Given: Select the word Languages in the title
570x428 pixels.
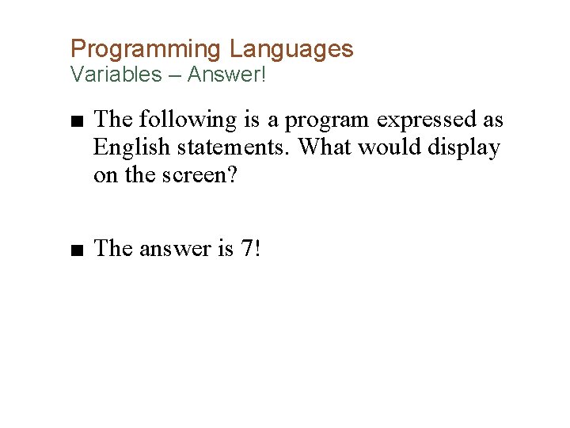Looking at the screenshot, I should [291, 49].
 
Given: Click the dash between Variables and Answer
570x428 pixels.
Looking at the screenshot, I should [176, 75].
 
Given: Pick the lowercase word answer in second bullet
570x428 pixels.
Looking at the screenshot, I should [173, 250].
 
